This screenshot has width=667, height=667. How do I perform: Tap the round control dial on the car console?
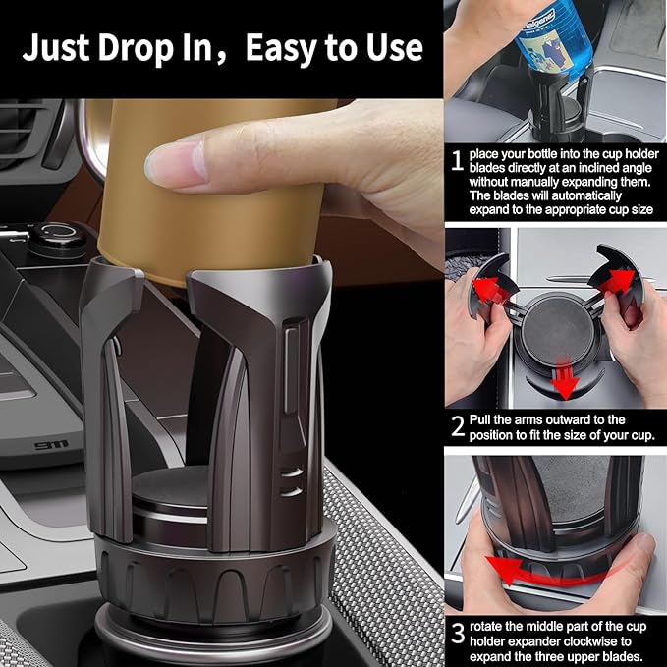pyautogui.click(x=55, y=235)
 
